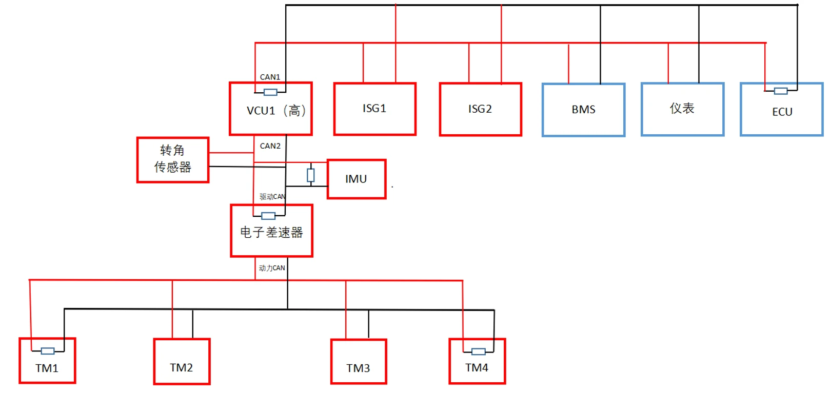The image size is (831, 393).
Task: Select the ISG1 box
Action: tap(374, 109)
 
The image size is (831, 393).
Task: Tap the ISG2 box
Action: tap(480, 109)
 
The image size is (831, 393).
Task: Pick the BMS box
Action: tap(583, 110)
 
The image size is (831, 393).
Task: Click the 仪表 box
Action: tap(682, 109)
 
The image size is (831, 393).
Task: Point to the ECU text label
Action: tap(782, 112)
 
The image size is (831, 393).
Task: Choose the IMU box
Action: tap(356, 179)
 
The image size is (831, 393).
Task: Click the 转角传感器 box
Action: tap(173, 159)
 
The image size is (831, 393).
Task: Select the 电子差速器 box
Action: tap(271, 232)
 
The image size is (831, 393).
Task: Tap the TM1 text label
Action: tap(47, 368)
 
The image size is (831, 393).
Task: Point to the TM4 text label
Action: tap(477, 368)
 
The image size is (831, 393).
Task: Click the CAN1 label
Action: tap(270, 77)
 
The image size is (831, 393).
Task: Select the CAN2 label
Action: tap(270, 146)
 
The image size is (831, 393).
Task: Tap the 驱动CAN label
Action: tap(272, 197)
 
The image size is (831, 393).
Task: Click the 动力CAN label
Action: tap(272, 268)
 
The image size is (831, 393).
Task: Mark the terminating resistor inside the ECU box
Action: tap(781, 91)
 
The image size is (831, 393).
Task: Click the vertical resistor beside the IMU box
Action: tap(310, 175)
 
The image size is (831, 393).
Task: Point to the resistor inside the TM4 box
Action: tap(478, 351)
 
